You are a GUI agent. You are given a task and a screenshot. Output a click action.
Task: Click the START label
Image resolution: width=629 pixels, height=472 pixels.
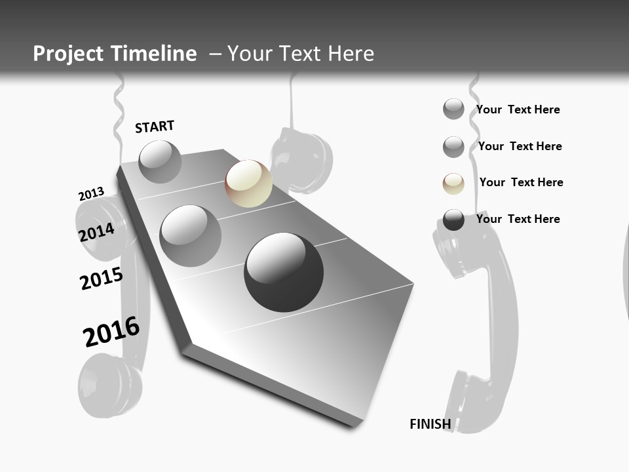(x=155, y=127)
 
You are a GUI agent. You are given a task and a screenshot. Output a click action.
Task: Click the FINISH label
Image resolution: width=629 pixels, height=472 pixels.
(x=430, y=424)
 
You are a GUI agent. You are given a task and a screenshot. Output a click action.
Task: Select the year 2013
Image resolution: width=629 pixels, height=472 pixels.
(x=91, y=194)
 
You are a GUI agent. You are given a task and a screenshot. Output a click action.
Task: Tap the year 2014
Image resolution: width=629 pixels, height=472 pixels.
(x=97, y=232)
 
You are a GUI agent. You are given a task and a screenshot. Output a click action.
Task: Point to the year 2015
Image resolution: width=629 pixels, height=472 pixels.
(x=102, y=278)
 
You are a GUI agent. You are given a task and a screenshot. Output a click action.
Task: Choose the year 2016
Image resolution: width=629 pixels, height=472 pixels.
(x=111, y=332)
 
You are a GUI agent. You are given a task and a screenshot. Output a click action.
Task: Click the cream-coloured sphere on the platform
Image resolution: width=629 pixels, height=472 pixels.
(x=248, y=184)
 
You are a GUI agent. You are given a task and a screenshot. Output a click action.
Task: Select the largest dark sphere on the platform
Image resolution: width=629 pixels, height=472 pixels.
(x=284, y=271)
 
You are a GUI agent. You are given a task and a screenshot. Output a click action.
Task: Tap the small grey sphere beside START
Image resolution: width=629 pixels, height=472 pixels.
(x=160, y=161)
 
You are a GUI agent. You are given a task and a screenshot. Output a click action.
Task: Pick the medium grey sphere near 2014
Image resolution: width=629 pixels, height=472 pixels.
(x=190, y=235)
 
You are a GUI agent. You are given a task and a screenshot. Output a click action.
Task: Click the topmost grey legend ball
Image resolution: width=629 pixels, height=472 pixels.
(x=453, y=109)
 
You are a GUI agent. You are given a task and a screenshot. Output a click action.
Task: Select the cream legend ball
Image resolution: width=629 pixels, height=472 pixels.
(x=453, y=184)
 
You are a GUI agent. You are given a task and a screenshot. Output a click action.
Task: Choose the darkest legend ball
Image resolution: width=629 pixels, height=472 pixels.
(x=453, y=220)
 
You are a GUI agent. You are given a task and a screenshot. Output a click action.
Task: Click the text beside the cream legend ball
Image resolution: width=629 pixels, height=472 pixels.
(x=521, y=182)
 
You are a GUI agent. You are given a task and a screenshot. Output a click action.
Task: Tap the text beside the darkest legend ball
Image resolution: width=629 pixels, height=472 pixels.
(x=518, y=219)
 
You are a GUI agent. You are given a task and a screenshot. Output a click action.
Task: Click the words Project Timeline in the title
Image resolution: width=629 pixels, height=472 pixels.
(x=115, y=54)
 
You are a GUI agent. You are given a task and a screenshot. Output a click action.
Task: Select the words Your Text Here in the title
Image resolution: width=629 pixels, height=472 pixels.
(x=301, y=54)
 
